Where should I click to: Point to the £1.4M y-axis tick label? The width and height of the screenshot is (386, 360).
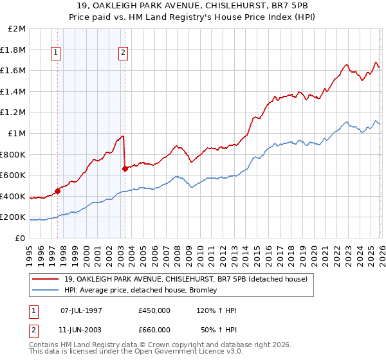click(x=14, y=92)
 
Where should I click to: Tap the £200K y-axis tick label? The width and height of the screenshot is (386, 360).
click(x=14, y=217)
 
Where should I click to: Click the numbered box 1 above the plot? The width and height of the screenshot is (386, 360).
click(x=57, y=53)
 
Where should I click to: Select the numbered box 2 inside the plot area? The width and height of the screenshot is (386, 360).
click(x=123, y=53)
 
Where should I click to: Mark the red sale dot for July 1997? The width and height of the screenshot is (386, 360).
click(x=57, y=190)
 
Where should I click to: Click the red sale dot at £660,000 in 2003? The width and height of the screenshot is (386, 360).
click(x=125, y=169)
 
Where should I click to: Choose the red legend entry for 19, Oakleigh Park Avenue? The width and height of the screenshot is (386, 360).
click(x=186, y=279)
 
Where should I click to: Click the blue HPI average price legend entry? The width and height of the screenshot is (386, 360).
click(x=140, y=290)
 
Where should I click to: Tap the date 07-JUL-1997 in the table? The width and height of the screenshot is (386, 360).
click(x=81, y=310)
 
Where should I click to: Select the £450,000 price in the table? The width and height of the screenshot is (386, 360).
click(x=154, y=310)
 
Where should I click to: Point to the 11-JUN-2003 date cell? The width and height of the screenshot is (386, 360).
click(x=81, y=330)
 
